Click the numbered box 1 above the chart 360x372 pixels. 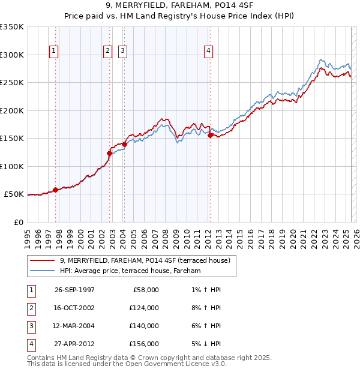(54, 52)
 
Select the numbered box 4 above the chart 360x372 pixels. (208, 52)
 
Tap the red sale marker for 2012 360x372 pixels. (210, 136)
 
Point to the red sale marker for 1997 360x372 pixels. (56, 190)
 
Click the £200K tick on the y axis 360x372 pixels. (12, 110)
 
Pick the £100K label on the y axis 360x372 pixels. (12, 166)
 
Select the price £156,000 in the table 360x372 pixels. (144, 344)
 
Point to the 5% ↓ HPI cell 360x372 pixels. (205, 344)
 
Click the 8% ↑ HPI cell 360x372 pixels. (205, 308)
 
